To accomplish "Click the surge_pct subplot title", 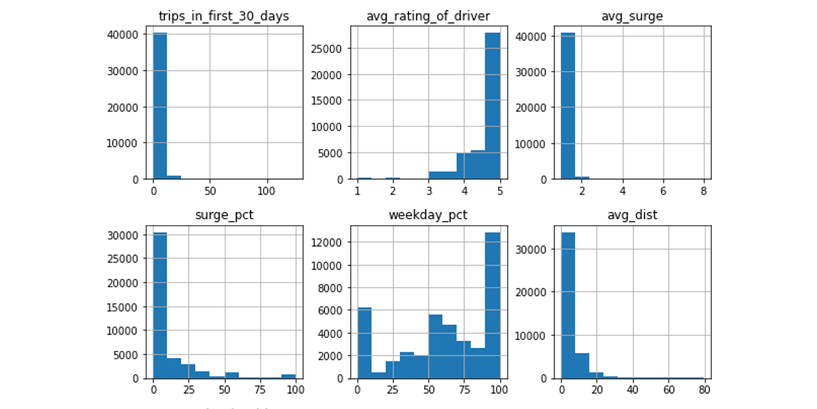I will click(x=223, y=215).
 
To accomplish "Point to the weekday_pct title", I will click(x=428, y=215).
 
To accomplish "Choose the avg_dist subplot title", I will click(x=631, y=215).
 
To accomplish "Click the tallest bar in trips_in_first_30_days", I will click(x=160, y=105).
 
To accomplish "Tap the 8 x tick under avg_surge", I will click(x=703, y=191).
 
